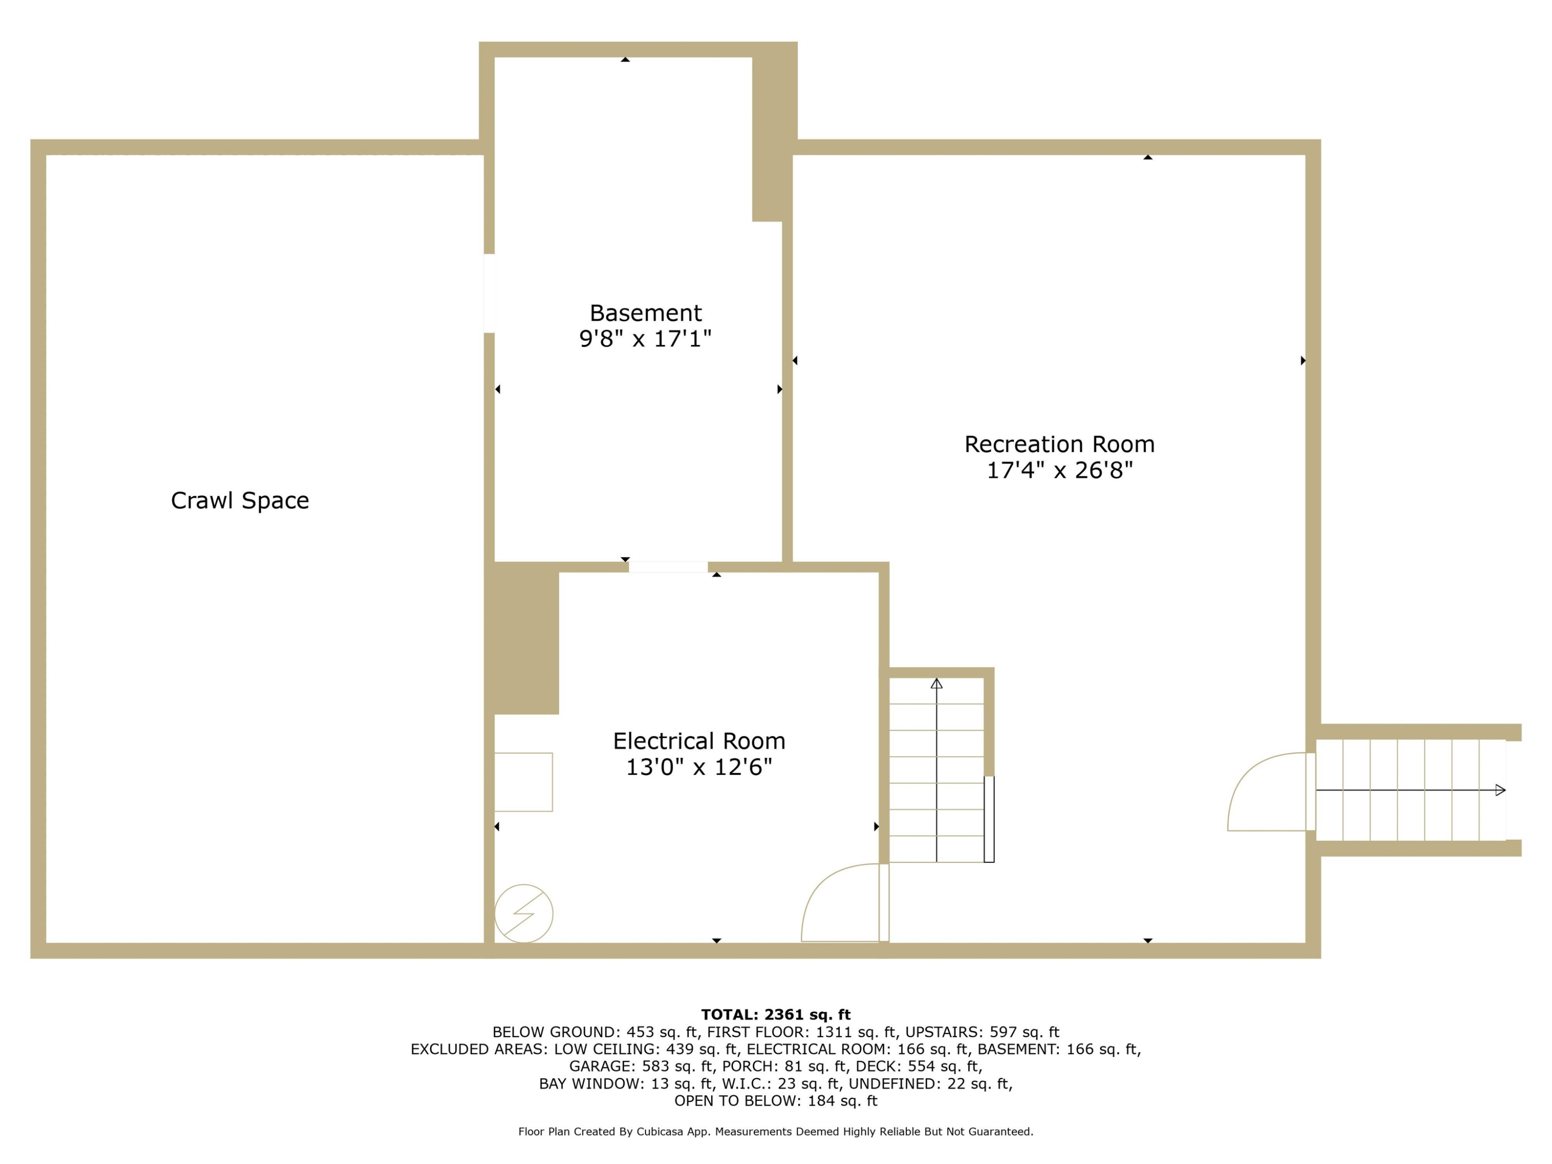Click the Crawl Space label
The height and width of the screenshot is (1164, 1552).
point(240,500)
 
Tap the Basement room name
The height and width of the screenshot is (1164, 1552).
point(646,313)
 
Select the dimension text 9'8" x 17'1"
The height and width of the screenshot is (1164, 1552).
point(646,339)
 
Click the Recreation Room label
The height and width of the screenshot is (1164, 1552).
point(1059,444)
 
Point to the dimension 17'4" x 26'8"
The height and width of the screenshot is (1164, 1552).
point(1059,470)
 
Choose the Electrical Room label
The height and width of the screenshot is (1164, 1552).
point(699,741)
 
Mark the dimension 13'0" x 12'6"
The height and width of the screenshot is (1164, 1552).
point(699,767)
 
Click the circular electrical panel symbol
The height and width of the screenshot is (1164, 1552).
point(524,914)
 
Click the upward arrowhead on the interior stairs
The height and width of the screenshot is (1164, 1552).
point(937,683)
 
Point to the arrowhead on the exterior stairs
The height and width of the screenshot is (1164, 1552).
point(1500,790)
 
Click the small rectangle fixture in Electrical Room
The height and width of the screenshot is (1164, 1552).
point(524,782)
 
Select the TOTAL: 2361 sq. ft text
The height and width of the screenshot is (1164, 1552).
point(775,1014)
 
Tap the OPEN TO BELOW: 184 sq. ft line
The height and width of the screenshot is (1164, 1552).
point(775,1101)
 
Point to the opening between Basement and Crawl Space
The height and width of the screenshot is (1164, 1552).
point(489,293)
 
